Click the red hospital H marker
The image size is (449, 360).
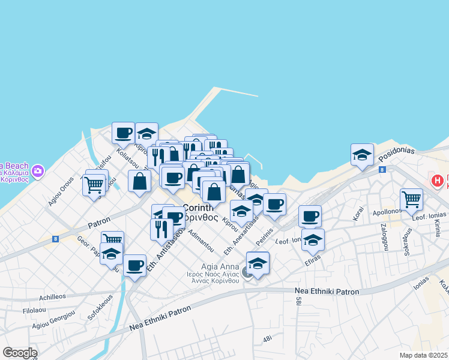tap(438, 179)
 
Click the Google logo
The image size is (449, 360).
tap(20, 353)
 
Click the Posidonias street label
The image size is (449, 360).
tap(396, 152)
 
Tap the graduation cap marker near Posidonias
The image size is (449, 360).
tap(362, 155)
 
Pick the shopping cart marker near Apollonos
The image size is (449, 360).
tap(411, 199)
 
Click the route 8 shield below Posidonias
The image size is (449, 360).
tap(382, 170)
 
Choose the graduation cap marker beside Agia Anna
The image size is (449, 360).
tap(258, 263)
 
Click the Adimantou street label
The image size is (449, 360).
tap(200, 239)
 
